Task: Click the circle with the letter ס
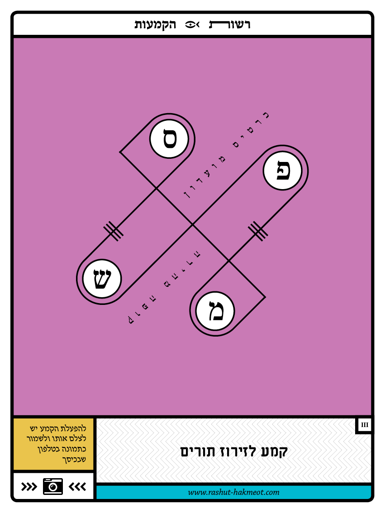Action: click(x=169, y=139)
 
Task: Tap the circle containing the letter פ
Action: click(x=282, y=171)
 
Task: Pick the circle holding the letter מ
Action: click(x=215, y=311)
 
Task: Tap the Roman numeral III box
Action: click(x=365, y=425)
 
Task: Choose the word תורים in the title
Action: click(x=197, y=451)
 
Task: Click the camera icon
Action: click(x=53, y=486)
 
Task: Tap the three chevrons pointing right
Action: click(x=29, y=486)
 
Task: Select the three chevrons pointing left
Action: click(x=77, y=486)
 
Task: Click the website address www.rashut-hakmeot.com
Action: click(x=233, y=492)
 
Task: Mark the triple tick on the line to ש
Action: click(x=113, y=231)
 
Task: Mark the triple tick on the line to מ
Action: click(x=258, y=231)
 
